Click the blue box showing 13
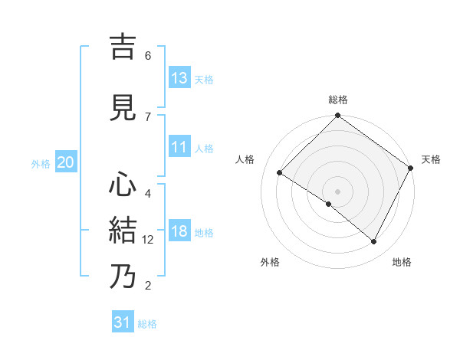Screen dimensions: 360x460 (x=179, y=78)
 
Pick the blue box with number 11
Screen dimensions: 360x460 (x=179, y=148)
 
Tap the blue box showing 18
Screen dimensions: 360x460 (x=179, y=232)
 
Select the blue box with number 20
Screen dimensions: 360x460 (x=65, y=162)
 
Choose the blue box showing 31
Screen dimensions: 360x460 (x=123, y=323)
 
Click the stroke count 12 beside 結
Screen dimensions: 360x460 (x=148, y=240)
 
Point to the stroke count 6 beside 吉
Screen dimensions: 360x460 (x=148, y=56)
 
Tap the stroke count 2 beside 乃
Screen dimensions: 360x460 (x=148, y=286)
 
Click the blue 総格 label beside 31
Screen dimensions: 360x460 (x=147, y=324)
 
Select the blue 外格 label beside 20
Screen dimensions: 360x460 (x=41, y=163)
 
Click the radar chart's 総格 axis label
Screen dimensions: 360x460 (x=338, y=100)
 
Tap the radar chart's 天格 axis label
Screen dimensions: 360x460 (x=431, y=159)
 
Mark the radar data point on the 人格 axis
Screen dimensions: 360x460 (x=280, y=173)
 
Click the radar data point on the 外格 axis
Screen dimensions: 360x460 (x=329, y=204)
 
